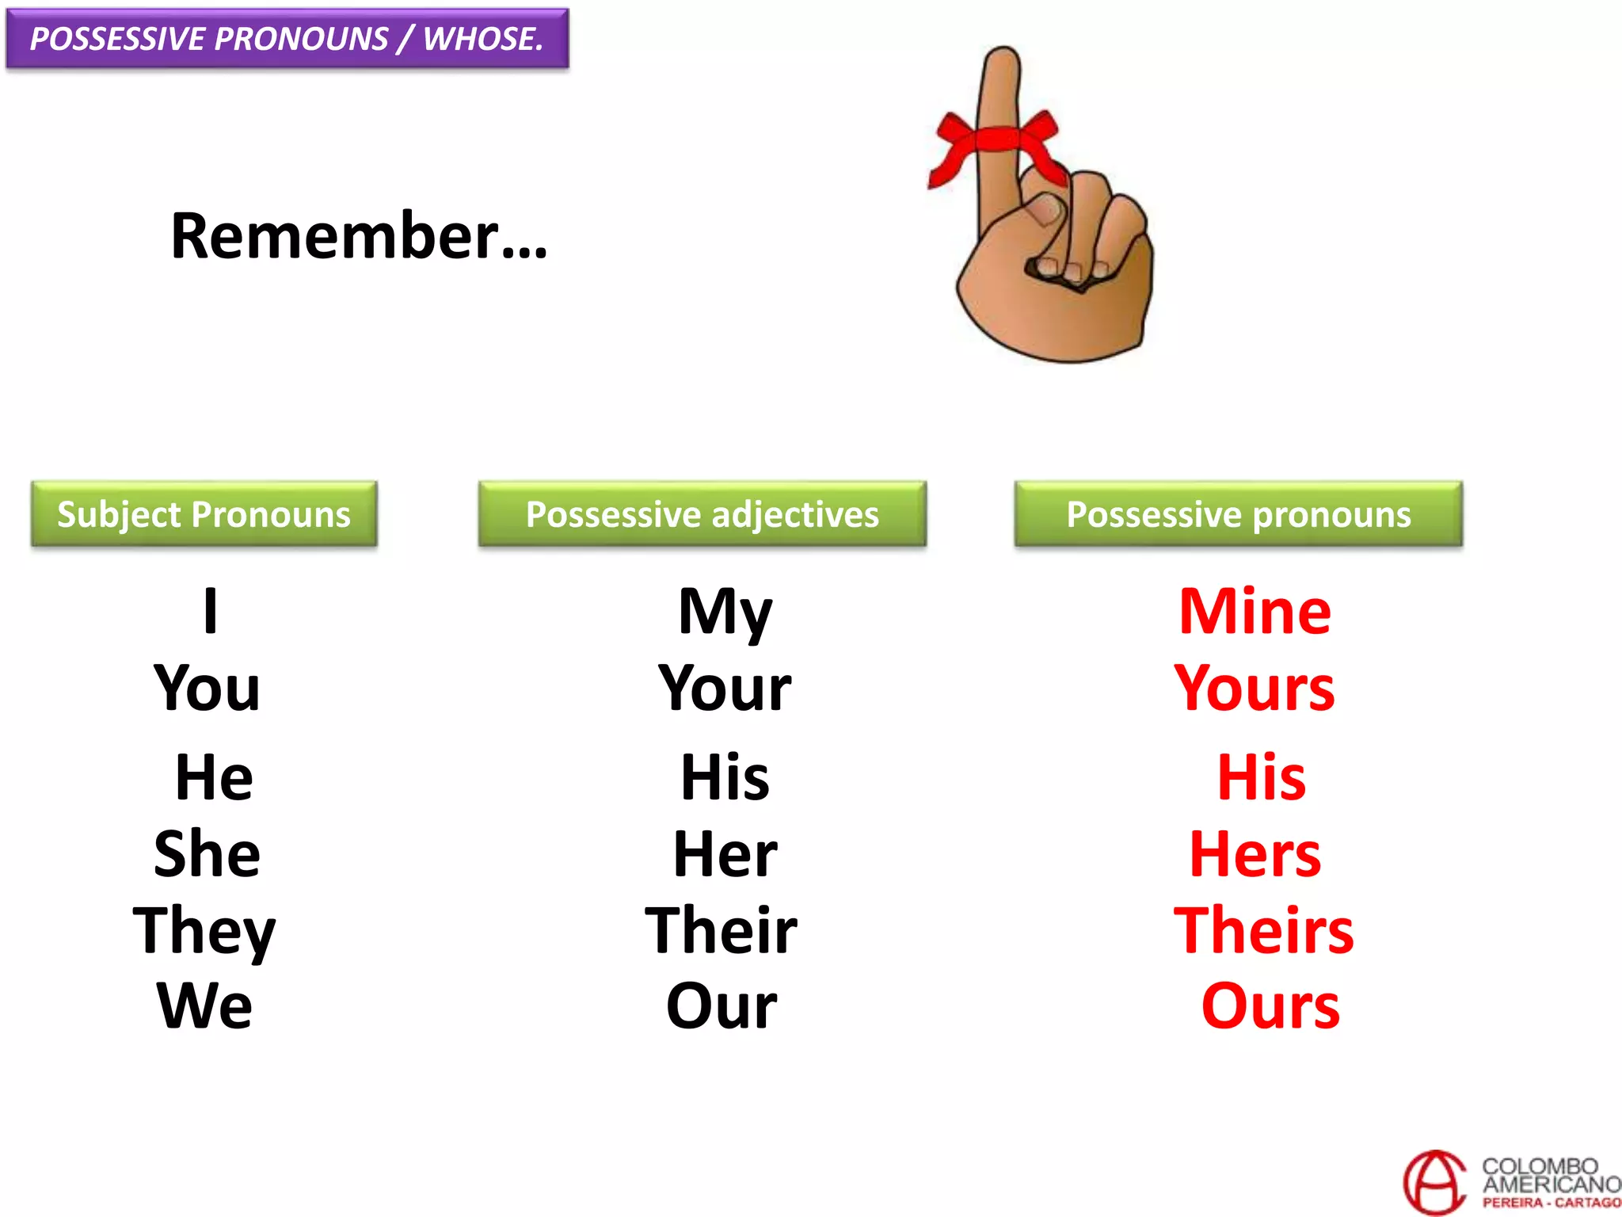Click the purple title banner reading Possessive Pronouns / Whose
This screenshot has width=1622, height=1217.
pyautogui.click(x=287, y=39)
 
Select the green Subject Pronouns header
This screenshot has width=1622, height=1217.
pyautogui.click(x=204, y=514)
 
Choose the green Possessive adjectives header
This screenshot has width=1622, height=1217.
pyautogui.click(x=702, y=514)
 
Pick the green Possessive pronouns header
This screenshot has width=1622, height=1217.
pyautogui.click(x=1238, y=514)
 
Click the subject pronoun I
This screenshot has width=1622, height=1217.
pyautogui.click(x=210, y=611)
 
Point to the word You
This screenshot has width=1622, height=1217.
pyautogui.click(x=207, y=688)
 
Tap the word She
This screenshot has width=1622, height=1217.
pyautogui.click(x=207, y=853)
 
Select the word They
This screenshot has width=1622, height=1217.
pyautogui.click(x=204, y=930)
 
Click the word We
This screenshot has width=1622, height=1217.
pyautogui.click(x=205, y=1005)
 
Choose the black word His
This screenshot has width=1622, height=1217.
pyautogui.click(x=725, y=777)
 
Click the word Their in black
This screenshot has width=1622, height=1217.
pyautogui.click(x=721, y=930)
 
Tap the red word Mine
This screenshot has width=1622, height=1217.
pyautogui.click(x=1255, y=612)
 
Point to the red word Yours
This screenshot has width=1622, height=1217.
pyautogui.click(x=1255, y=688)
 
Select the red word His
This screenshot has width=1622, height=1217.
pyautogui.click(x=1261, y=777)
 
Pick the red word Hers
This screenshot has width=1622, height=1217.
pyautogui.click(x=1255, y=853)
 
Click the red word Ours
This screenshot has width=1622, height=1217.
pyautogui.click(x=1270, y=1005)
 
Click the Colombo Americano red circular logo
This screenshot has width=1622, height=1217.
pyautogui.click(x=1434, y=1182)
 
